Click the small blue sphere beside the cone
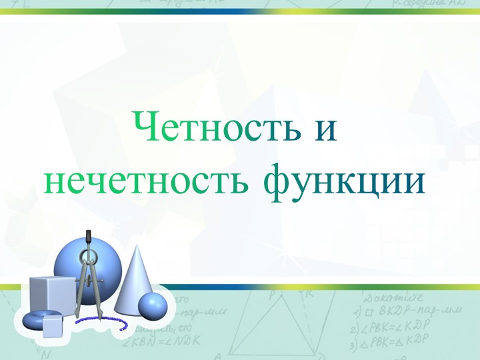153,306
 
